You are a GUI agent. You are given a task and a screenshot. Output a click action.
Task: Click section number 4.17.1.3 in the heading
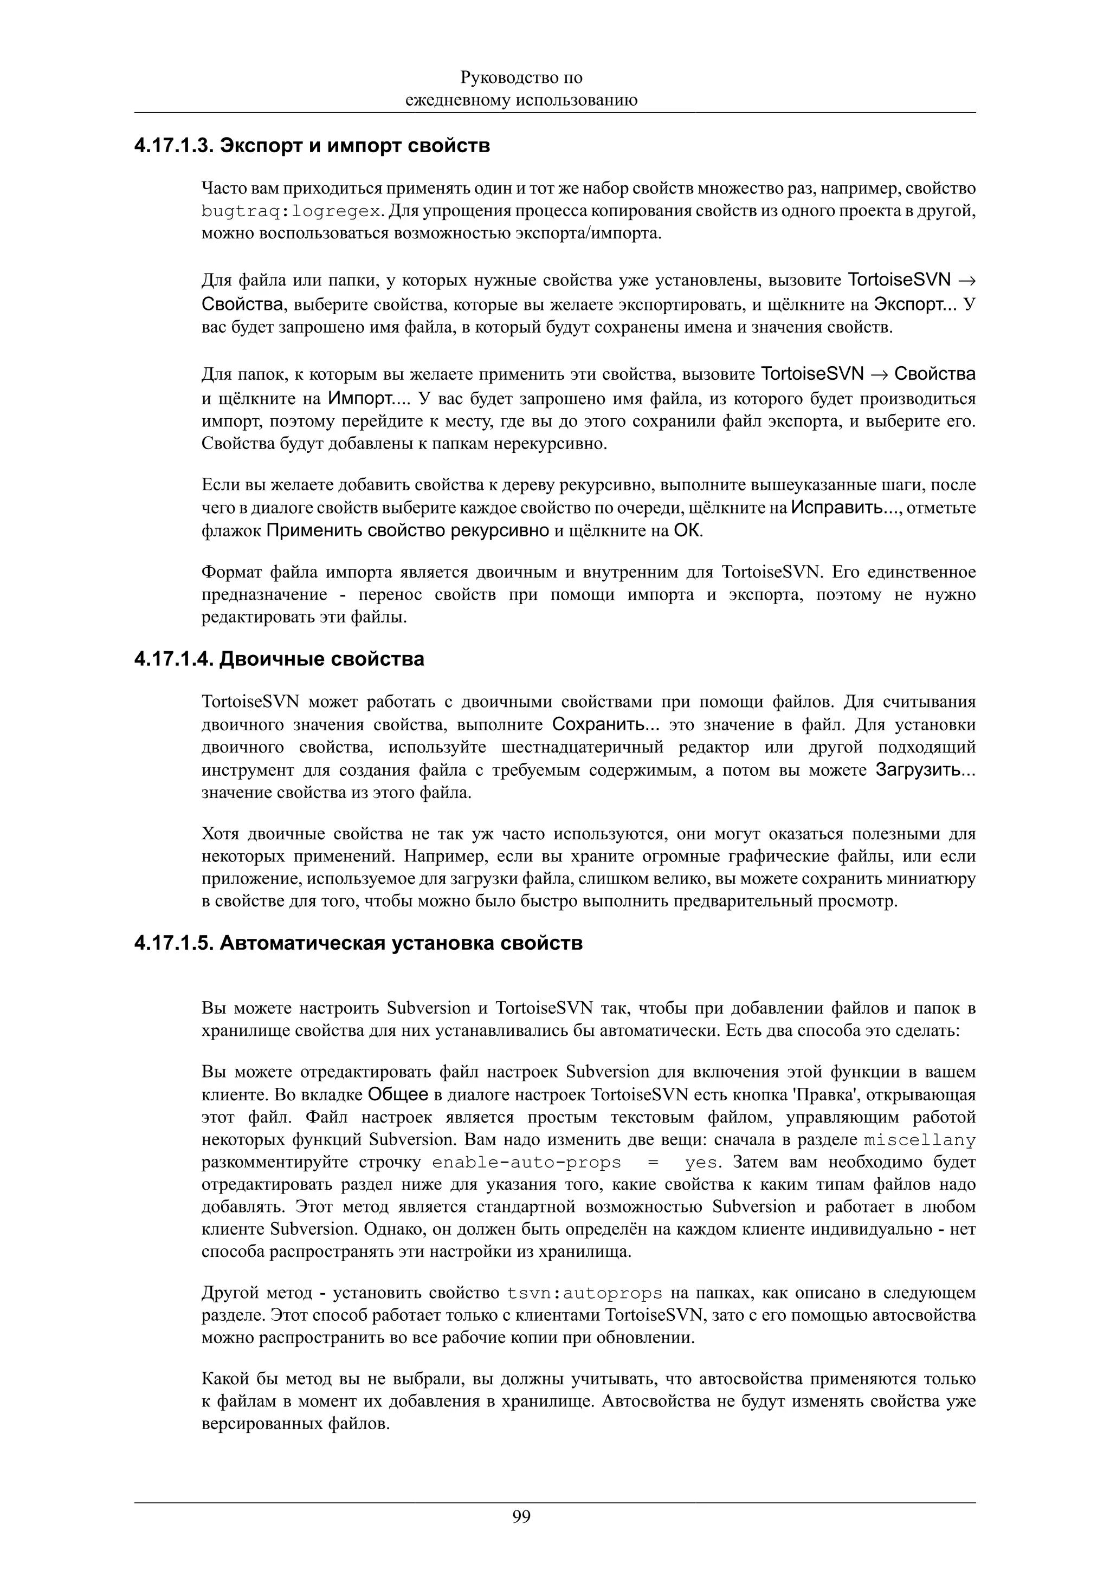[x=173, y=146]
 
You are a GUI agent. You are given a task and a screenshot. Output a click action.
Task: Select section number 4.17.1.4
[x=173, y=659]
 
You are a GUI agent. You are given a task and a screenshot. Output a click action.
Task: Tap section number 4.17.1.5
[x=173, y=944]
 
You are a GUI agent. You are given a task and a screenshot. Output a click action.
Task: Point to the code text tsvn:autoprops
[x=585, y=1294]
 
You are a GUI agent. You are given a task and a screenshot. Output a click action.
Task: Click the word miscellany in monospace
[x=919, y=1140]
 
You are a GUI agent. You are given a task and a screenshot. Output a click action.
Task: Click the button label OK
[x=687, y=530]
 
